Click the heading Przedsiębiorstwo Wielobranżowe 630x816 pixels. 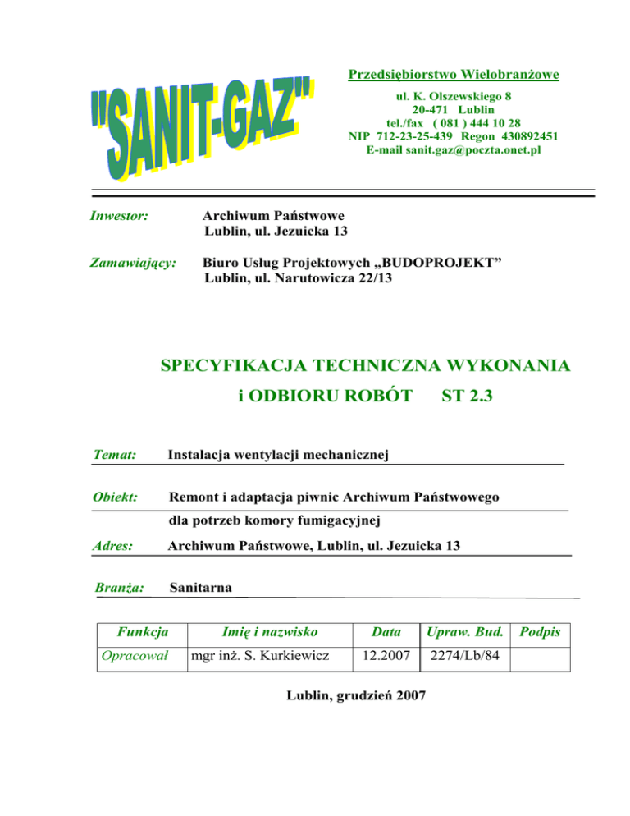[454, 76]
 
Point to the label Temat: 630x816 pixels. [116, 453]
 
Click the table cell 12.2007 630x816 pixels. [381, 657]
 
